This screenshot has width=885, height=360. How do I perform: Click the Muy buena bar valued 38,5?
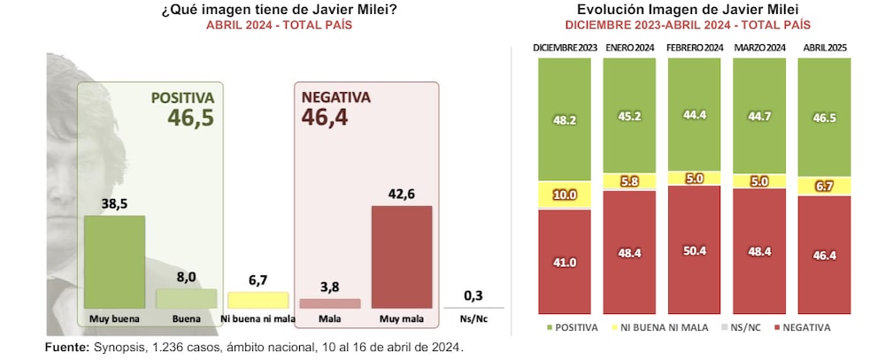point(114,262)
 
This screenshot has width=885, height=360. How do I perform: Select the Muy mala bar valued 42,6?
point(401,257)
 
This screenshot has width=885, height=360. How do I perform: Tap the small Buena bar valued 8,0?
point(186,298)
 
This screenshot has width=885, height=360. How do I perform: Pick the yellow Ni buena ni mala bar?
point(258,300)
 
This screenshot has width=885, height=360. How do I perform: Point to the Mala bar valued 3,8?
point(330,303)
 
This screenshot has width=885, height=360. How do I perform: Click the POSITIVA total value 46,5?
point(191,118)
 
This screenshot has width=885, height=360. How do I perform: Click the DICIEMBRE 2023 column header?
point(563,47)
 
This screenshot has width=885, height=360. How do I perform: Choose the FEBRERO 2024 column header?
point(696,47)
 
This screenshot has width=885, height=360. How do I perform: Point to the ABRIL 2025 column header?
point(825,47)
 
